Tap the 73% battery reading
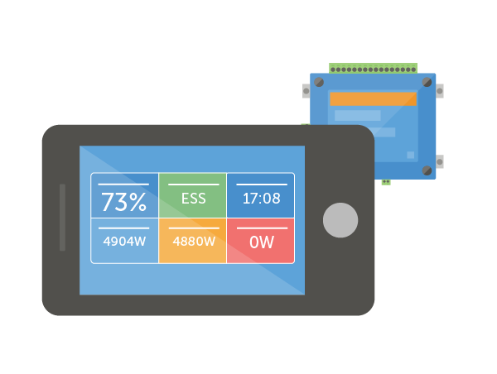[123, 202]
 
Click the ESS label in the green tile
[193, 199]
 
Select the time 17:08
[261, 199]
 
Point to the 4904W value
[124, 242]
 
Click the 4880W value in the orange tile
[193, 242]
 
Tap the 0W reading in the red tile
[261, 242]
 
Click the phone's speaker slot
[63, 217]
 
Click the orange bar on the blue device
[373, 98]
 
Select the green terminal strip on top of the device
[373, 69]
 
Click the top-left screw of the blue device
[319, 82]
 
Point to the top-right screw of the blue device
[427, 82]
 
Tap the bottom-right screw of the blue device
[427, 170]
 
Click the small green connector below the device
[386, 182]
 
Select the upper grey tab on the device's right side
[440, 90]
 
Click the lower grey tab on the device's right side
[440, 161]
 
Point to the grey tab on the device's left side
[306, 90]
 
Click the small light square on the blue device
[410, 155]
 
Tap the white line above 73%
[123, 184]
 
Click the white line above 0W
[261, 228]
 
